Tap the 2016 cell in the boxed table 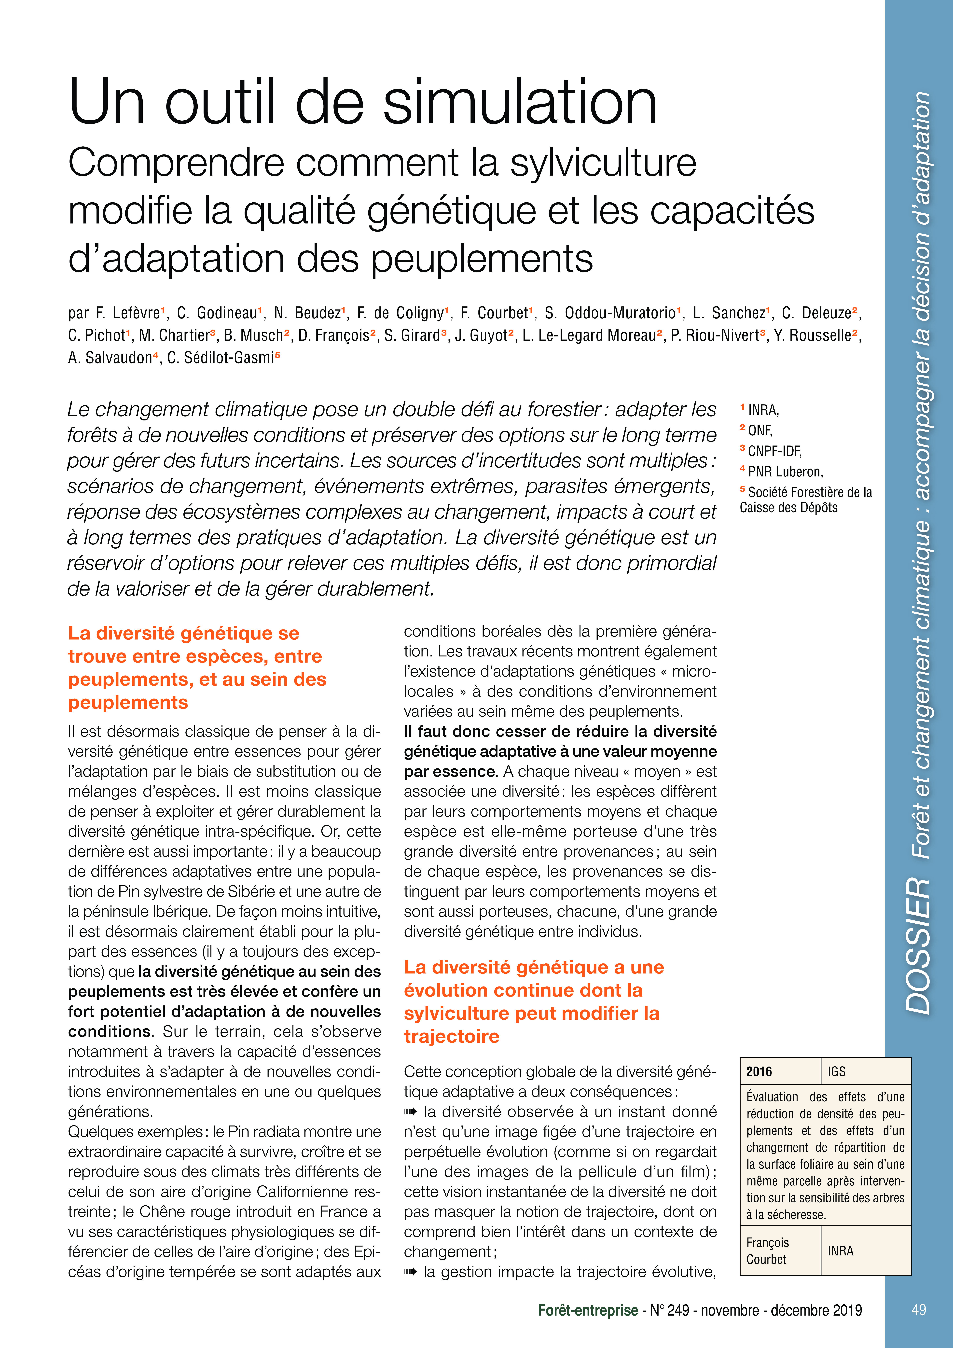point(759,1071)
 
